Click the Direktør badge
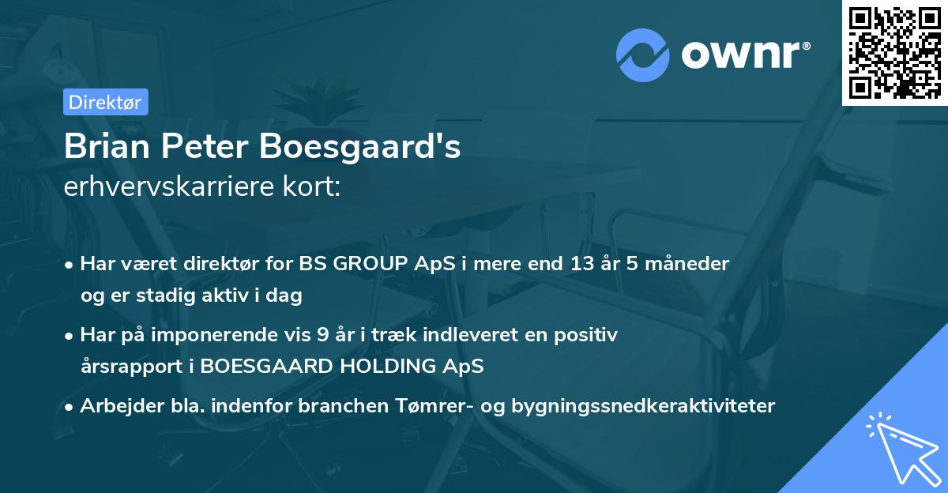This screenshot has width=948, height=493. [105, 102]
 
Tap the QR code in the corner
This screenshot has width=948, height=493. [894, 52]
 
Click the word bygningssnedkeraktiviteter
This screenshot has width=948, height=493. [643, 406]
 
